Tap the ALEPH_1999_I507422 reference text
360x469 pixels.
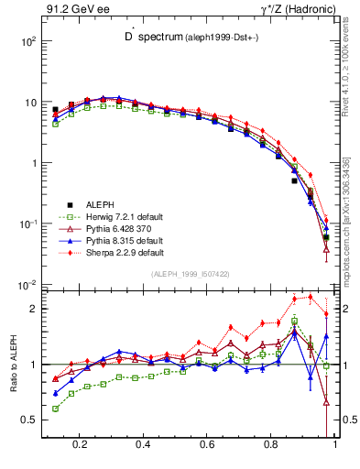click(191, 274)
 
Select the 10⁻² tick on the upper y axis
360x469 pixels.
click(27, 285)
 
